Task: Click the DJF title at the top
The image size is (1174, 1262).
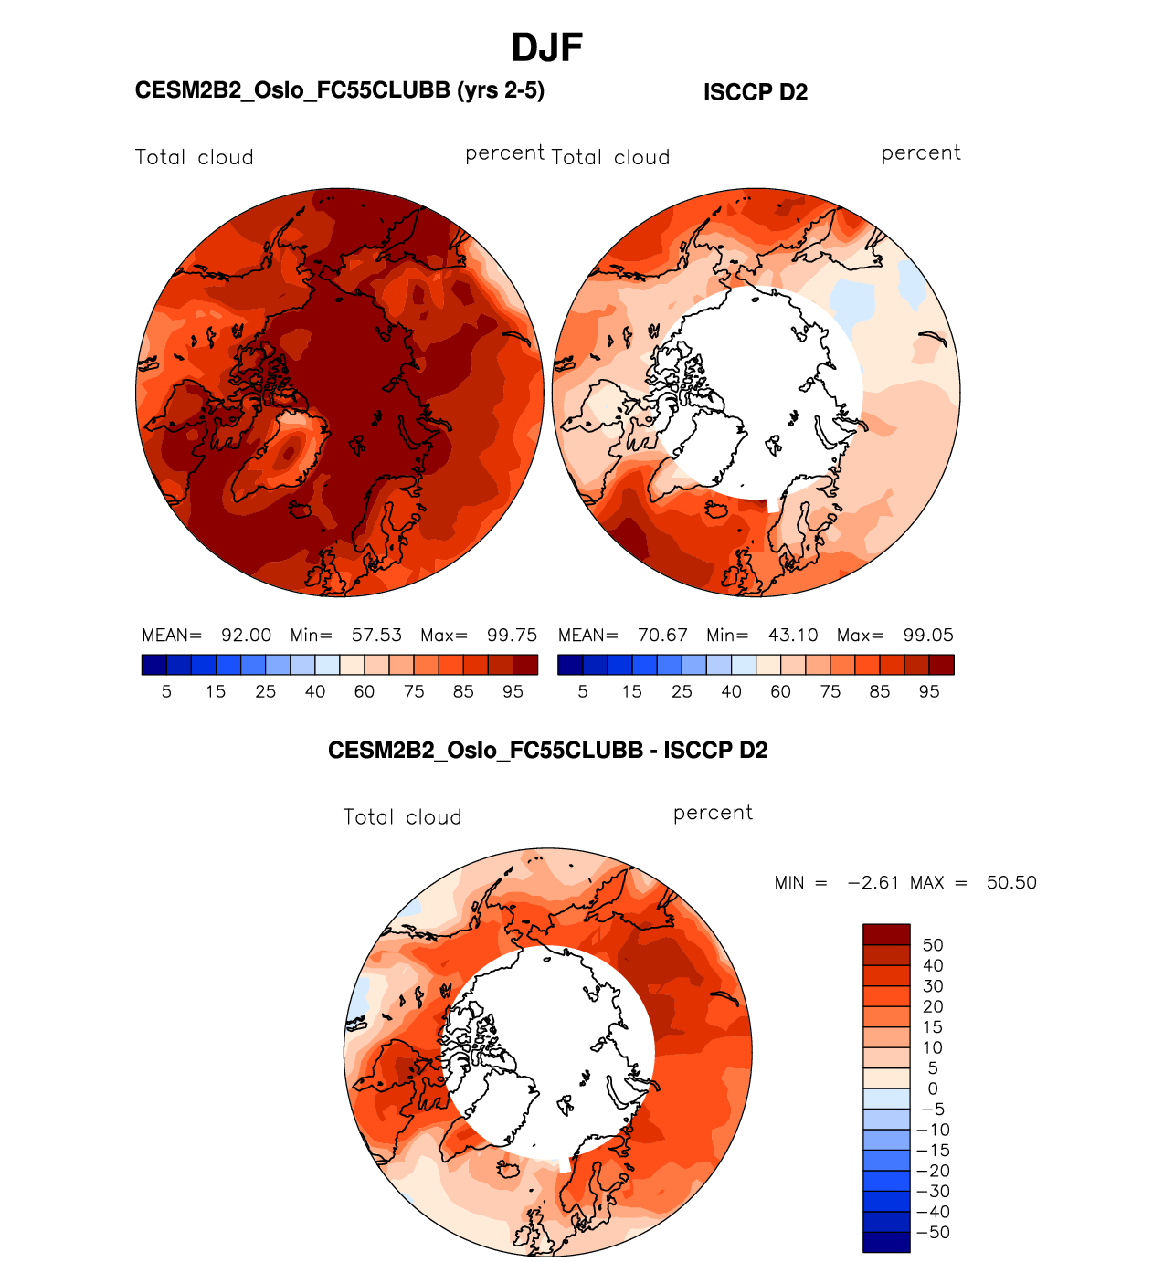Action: pos(546,48)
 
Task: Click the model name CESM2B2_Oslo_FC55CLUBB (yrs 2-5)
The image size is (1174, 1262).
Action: pos(339,90)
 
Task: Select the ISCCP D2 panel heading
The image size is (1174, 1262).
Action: pos(756,92)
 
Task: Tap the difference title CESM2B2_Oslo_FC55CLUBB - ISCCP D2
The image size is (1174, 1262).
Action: pos(547,751)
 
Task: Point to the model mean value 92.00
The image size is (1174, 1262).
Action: pos(246,636)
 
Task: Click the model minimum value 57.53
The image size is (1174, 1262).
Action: pos(376,636)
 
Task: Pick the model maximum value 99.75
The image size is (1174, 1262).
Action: pos(512,636)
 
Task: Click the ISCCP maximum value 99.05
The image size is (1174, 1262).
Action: pos(928,636)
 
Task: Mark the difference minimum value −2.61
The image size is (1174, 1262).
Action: pos(873,883)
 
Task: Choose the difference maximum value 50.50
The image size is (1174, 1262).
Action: pos(1011,883)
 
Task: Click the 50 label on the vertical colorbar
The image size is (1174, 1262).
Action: pos(933,945)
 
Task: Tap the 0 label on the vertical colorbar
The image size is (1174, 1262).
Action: pos(933,1088)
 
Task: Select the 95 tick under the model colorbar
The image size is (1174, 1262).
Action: pos(513,692)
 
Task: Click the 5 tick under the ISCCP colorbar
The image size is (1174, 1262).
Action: pos(583,692)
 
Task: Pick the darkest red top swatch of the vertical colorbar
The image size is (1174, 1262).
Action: pos(886,934)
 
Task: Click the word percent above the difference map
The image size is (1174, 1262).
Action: pos(713,813)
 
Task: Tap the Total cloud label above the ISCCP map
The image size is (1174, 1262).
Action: pos(610,158)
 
